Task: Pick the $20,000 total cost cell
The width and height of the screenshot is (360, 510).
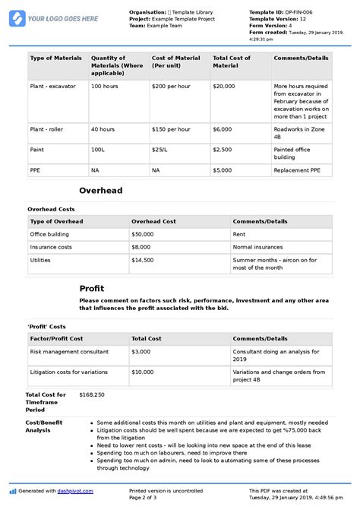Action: [224, 87]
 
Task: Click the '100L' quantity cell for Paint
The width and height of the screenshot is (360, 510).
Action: [99, 150]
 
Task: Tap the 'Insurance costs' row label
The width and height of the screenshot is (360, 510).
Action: [52, 247]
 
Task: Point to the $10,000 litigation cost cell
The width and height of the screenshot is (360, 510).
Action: [144, 372]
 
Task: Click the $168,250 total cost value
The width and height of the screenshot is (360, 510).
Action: [92, 395]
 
